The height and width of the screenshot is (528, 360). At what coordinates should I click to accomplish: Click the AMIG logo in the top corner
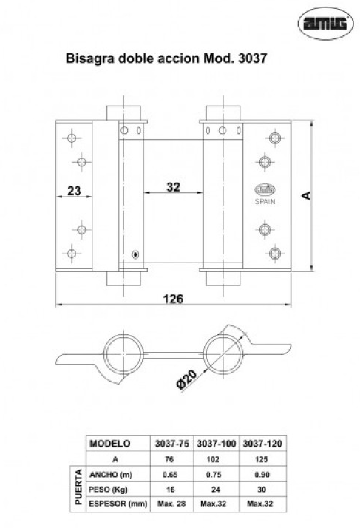[325, 23]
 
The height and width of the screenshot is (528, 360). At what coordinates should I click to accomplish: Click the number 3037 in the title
[252, 58]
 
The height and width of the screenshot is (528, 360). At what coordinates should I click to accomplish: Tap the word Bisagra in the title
[89, 58]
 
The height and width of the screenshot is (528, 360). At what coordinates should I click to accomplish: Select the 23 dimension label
[74, 191]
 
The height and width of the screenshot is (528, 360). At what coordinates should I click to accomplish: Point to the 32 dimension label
[174, 187]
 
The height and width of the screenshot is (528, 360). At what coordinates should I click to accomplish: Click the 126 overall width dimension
[173, 299]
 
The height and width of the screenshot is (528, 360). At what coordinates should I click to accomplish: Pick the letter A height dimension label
[306, 195]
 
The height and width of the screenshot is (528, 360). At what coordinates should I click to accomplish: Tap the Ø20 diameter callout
[186, 379]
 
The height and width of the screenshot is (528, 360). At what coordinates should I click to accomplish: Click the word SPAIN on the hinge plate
[265, 202]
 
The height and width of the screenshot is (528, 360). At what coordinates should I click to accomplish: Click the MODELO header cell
[110, 444]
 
